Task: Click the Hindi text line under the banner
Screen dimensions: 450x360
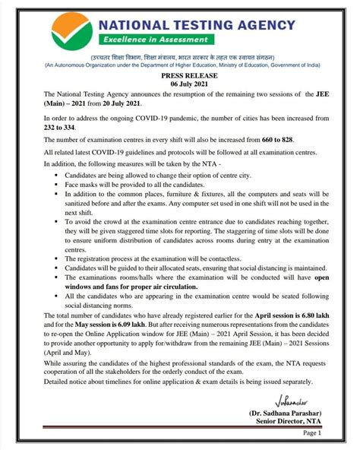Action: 179,59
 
